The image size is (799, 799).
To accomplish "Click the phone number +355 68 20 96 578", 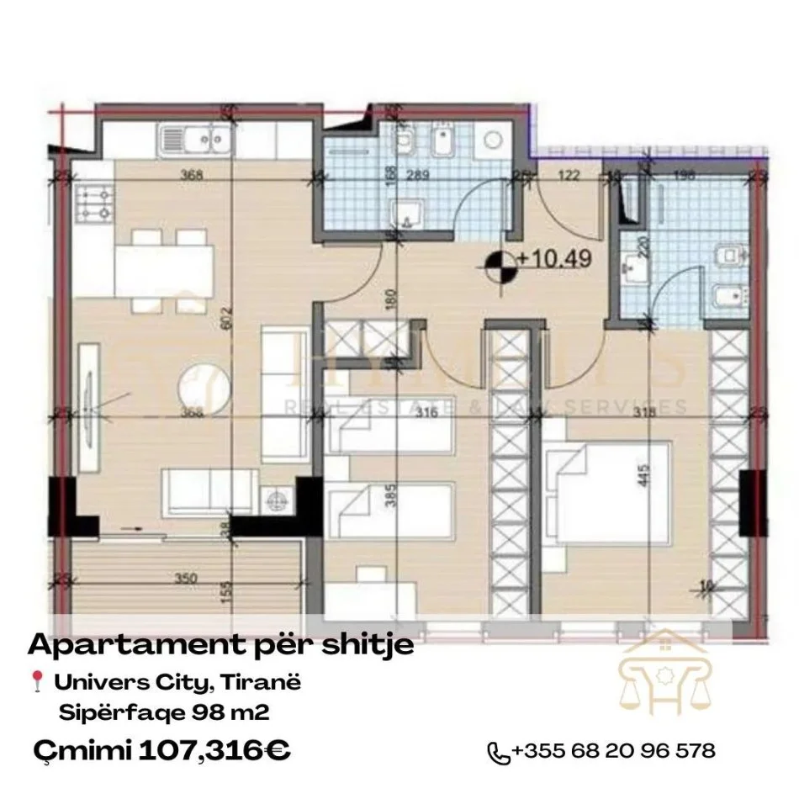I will click(x=613, y=750).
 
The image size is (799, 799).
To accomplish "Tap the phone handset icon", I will click(x=500, y=752).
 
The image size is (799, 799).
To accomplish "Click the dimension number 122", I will click(x=566, y=177).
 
